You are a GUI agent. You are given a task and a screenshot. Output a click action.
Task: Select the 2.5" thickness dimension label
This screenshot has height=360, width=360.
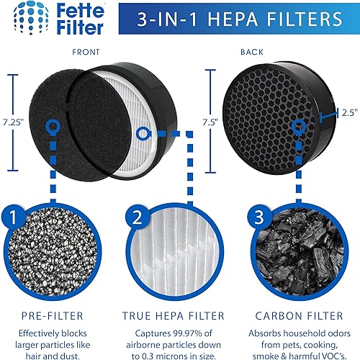pos(348,112)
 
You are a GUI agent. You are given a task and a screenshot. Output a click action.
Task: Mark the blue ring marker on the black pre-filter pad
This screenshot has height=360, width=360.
pos(51,126)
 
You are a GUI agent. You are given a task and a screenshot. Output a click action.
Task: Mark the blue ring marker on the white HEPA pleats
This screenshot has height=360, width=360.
pos(143,133)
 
